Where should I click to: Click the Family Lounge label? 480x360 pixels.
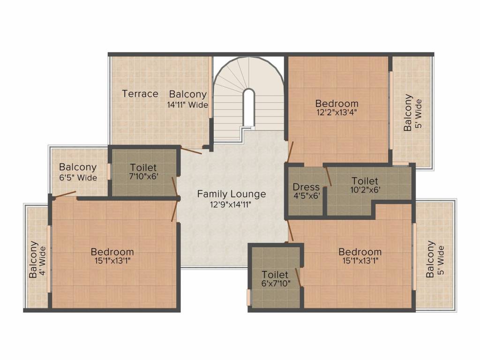point(231,194)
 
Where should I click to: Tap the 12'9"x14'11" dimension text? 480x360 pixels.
point(231,204)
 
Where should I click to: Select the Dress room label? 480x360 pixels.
point(306,187)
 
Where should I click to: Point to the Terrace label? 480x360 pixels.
point(140,94)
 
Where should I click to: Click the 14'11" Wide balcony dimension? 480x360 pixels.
point(187,105)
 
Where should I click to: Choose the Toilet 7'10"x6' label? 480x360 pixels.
point(143,167)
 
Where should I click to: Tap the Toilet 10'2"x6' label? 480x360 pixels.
point(365,180)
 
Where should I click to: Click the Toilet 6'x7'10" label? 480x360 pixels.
point(275,274)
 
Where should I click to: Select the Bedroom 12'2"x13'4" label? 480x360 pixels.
point(337,103)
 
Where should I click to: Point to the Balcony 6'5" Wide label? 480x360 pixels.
point(78,167)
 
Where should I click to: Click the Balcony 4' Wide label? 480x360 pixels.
point(33,259)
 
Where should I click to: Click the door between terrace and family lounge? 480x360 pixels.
point(191,150)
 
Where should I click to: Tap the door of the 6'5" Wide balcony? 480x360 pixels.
point(65,195)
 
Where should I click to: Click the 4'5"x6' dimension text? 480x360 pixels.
point(306,196)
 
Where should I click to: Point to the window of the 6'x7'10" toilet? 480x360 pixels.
point(248,297)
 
